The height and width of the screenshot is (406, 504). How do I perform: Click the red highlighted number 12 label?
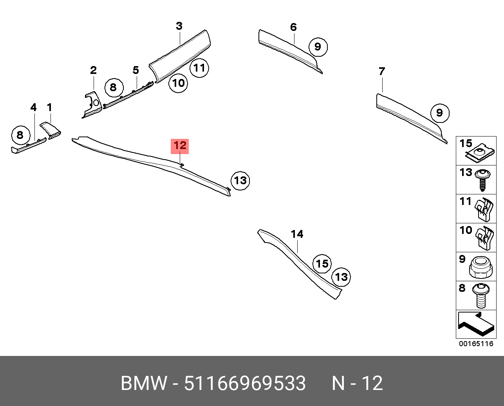(179, 146)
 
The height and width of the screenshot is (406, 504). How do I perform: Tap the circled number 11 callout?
(199, 68)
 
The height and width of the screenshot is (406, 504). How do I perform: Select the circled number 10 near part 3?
(178, 83)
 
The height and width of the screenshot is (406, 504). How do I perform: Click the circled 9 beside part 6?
(318, 47)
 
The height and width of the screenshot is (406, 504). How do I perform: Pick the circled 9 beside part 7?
(439, 113)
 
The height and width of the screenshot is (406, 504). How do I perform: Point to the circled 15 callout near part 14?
(322, 264)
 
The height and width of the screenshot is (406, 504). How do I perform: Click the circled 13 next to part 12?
(240, 180)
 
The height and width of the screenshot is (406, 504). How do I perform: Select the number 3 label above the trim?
(179, 26)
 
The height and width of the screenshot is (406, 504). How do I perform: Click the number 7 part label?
(382, 72)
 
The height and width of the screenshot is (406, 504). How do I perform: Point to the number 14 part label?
(297, 234)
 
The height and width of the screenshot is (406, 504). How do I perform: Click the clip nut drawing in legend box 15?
(479, 153)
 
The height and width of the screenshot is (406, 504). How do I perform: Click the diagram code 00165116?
(476, 344)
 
